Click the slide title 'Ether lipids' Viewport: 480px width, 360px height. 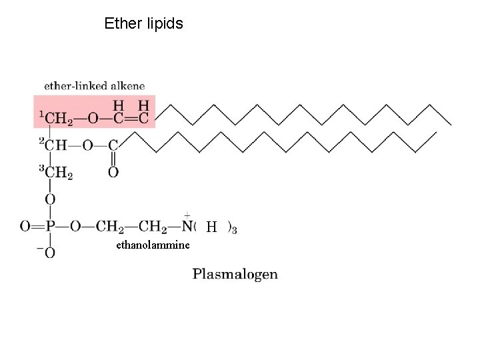tap(143, 24)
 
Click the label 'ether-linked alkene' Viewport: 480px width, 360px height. tap(94, 86)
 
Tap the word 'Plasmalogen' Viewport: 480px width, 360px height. tap(235, 274)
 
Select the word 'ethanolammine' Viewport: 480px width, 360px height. tap(153, 245)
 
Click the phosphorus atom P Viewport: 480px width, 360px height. tap(49, 227)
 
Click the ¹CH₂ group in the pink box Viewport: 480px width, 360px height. tap(56, 119)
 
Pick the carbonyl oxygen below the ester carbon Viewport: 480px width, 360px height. tap(113, 173)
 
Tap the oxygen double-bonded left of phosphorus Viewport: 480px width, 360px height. tap(25, 227)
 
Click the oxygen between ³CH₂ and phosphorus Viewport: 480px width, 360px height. tap(49, 199)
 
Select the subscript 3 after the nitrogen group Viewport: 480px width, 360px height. tap(234, 229)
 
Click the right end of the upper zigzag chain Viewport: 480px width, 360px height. tap(451, 124)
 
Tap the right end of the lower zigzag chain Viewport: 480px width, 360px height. tap(437, 131)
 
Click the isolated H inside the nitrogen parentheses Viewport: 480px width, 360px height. tap(211, 227)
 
